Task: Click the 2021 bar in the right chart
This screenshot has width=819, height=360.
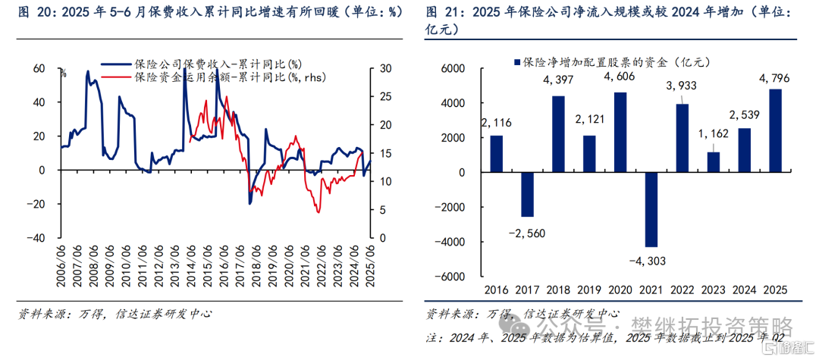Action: pyautogui.click(x=651, y=209)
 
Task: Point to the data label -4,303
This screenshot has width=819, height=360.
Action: pyautogui.click(x=649, y=261)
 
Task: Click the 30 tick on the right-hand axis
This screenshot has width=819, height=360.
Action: pyautogui.click(x=384, y=68)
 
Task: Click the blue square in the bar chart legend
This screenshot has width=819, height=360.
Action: pyautogui.click(x=517, y=61)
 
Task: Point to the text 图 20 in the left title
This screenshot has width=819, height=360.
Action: pyautogui.click(x=31, y=13)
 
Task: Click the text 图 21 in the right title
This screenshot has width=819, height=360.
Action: pyautogui.click(x=441, y=13)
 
